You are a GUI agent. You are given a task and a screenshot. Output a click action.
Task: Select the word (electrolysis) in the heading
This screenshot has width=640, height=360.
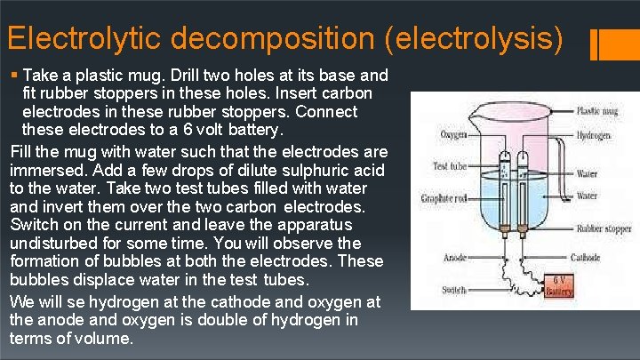(x=482, y=39)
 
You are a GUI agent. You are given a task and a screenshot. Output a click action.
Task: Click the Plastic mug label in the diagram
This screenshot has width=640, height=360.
(x=598, y=111)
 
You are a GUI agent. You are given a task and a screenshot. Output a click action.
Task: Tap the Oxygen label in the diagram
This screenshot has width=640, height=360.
(x=454, y=135)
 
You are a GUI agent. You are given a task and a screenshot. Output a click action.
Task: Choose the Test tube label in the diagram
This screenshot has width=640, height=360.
(x=450, y=165)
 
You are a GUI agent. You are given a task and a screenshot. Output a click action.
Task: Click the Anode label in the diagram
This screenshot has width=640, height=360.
(x=454, y=259)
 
